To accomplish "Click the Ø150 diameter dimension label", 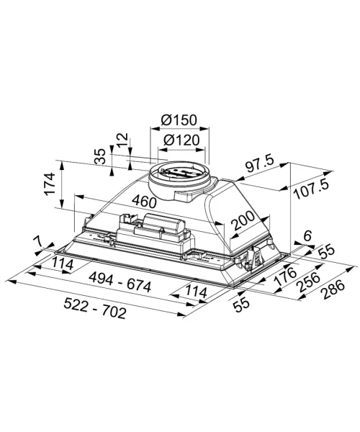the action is (179, 120).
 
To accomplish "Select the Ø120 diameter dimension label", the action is (181, 140).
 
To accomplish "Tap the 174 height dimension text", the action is (50, 184).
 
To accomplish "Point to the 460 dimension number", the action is (144, 201).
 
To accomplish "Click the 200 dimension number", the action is (243, 220).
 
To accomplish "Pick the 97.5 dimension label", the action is (259, 164).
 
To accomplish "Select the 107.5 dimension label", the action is (311, 189).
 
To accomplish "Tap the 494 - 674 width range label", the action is (120, 282).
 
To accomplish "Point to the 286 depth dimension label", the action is (333, 289).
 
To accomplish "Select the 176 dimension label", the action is (285, 276).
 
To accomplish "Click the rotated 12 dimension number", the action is (122, 140).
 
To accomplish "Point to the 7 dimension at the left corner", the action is (39, 242).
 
